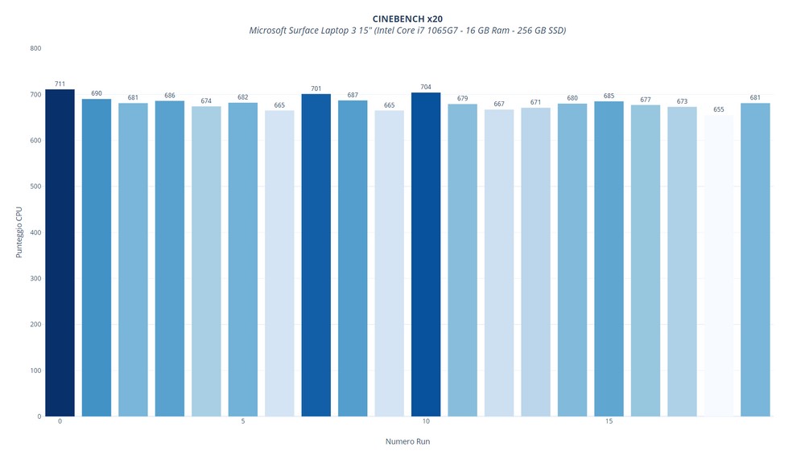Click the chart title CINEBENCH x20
tap(407, 18)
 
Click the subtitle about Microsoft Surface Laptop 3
tap(407, 31)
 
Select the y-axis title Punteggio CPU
tap(19, 232)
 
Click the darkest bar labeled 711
tap(60, 252)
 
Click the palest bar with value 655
tap(719, 265)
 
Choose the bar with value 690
tap(97, 257)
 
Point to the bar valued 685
tap(609, 259)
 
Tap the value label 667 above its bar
tap(499, 104)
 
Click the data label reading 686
tap(170, 96)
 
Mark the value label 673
tap(682, 101)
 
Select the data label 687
tap(353, 95)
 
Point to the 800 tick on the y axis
tap(35, 48)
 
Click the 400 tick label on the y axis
tap(35, 232)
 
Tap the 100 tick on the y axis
tap(35, 371)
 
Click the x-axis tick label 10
tap(426, 422)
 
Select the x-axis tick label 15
tap(609, 422)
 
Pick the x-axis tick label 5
tap(243, 422)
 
